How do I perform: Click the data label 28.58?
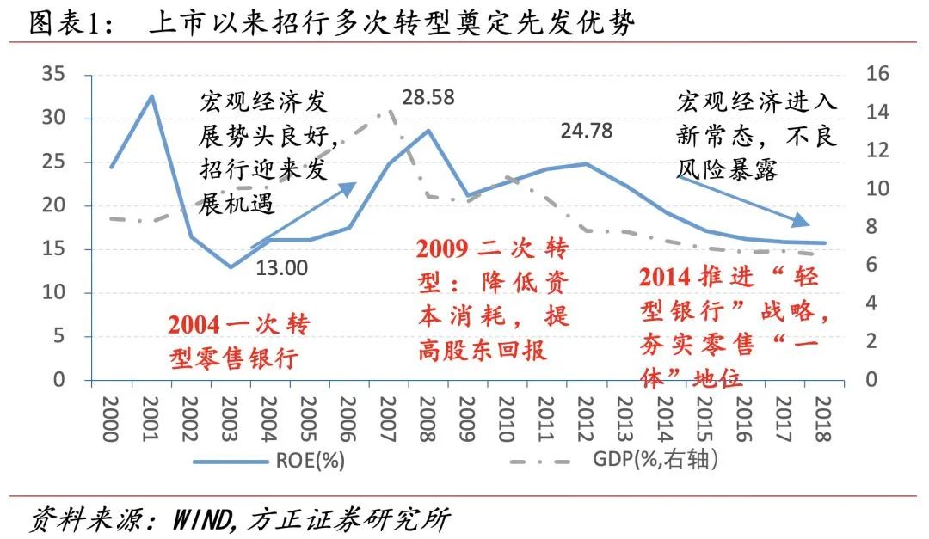pos(434,95)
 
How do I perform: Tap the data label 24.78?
pos(590,132)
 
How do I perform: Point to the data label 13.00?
pos(281,267)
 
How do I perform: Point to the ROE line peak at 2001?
pos(151,95)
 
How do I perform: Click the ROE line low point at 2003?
pos(231,266)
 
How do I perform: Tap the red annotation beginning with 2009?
pos(493,299)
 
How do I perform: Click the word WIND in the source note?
pos(204,518)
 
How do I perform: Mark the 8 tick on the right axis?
pos(871,227)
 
